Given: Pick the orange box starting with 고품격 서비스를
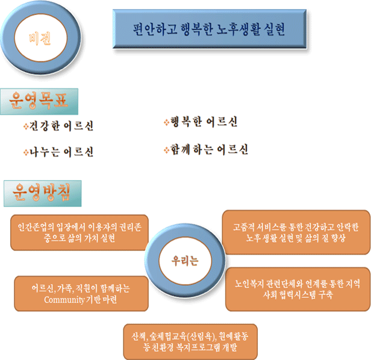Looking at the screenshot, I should point(296,232).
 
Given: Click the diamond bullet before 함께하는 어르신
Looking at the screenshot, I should point(166,148).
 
